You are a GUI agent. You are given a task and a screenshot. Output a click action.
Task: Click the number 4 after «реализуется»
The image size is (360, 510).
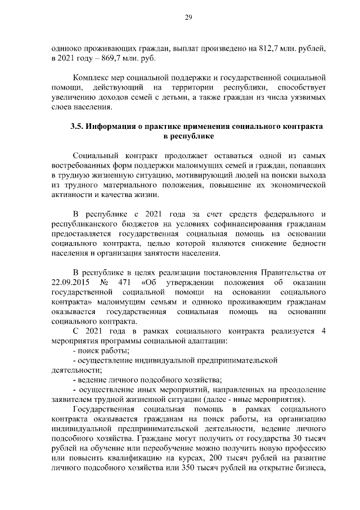[x=323, y=331]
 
